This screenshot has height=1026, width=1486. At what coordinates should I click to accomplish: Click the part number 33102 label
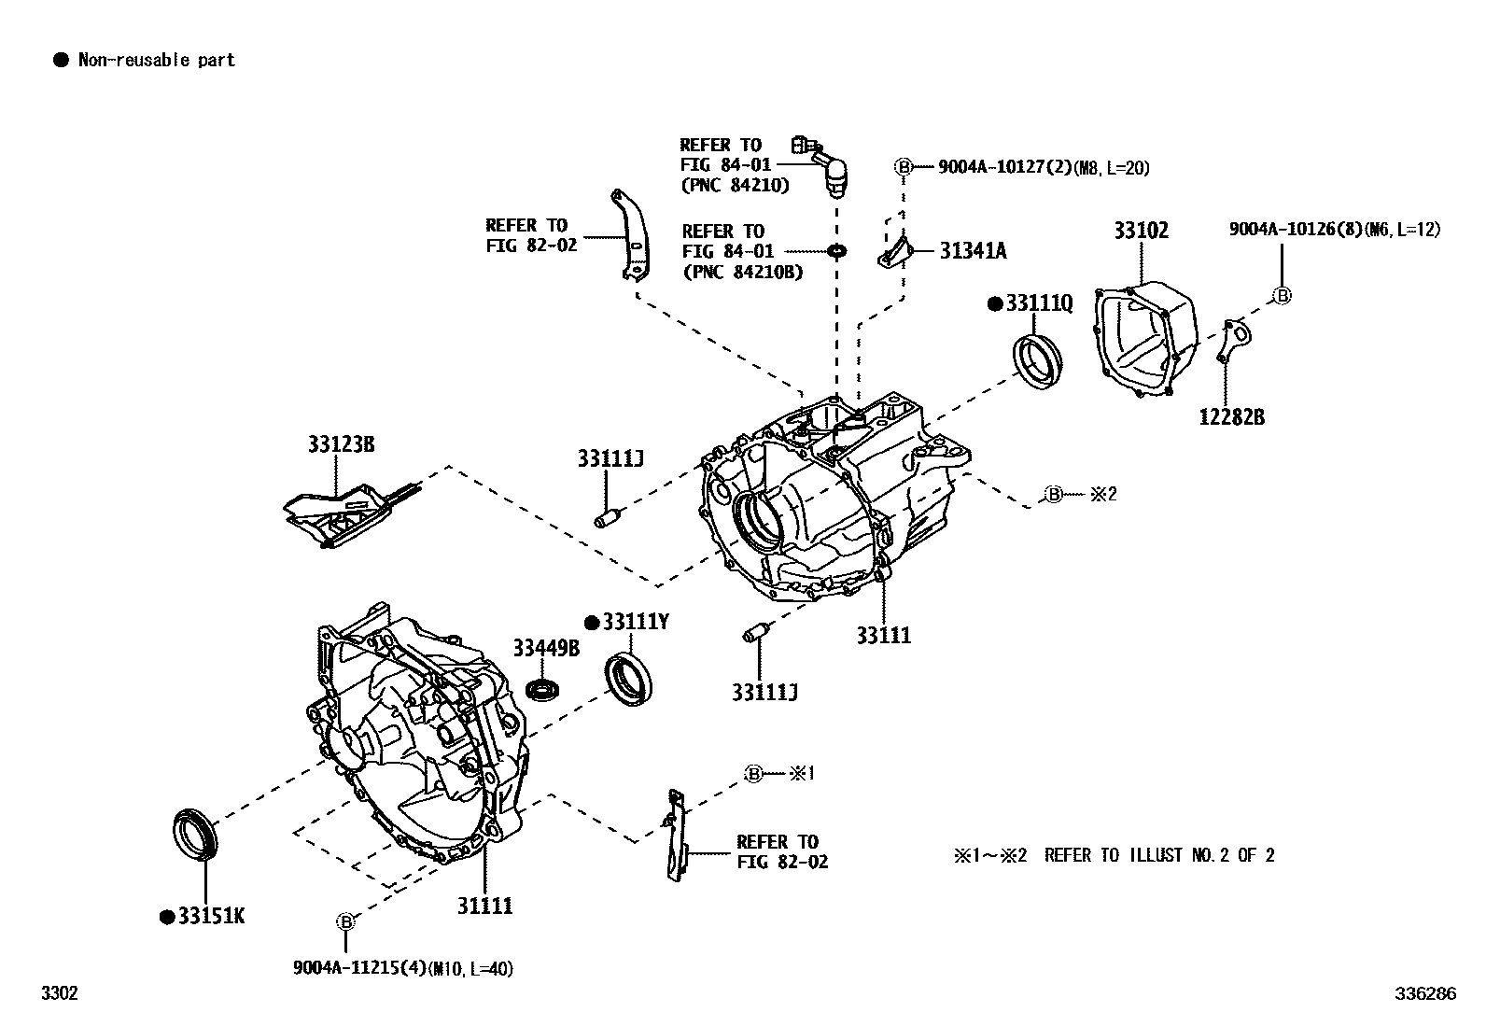point(1140,231)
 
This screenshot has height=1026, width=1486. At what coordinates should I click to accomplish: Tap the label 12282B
point(1231,417)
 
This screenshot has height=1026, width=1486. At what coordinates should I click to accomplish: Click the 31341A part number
point(973,250)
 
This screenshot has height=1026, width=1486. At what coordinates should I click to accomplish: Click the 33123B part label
point(341,444)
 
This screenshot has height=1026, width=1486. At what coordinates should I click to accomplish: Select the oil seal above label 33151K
point(196,835)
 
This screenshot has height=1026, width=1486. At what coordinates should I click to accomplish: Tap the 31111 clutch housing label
point(484,906)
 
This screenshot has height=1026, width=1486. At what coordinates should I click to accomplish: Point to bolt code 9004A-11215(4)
point(402,968)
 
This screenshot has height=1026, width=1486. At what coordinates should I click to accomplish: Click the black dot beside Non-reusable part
point(61,61)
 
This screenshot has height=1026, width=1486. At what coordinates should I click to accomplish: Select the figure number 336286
point(1424,993)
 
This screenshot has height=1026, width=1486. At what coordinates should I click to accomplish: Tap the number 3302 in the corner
point(59,993)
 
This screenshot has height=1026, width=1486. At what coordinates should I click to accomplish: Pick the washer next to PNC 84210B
point(836,250)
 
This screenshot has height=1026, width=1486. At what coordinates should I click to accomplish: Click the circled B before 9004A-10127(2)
point(903,168)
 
